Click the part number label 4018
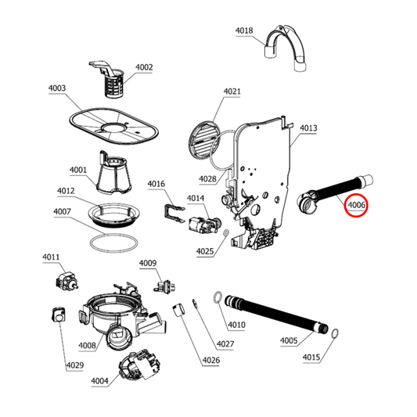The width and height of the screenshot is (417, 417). click(244, 31)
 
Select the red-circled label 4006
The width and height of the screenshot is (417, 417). click(358, 206)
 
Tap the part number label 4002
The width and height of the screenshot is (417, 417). click(144, 68)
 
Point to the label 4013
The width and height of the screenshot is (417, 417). click(307, 128)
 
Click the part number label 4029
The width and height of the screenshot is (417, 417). click(74, 365)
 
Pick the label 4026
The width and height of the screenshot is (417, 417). click(210, 361)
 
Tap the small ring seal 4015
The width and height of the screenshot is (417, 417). click(333, 334)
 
